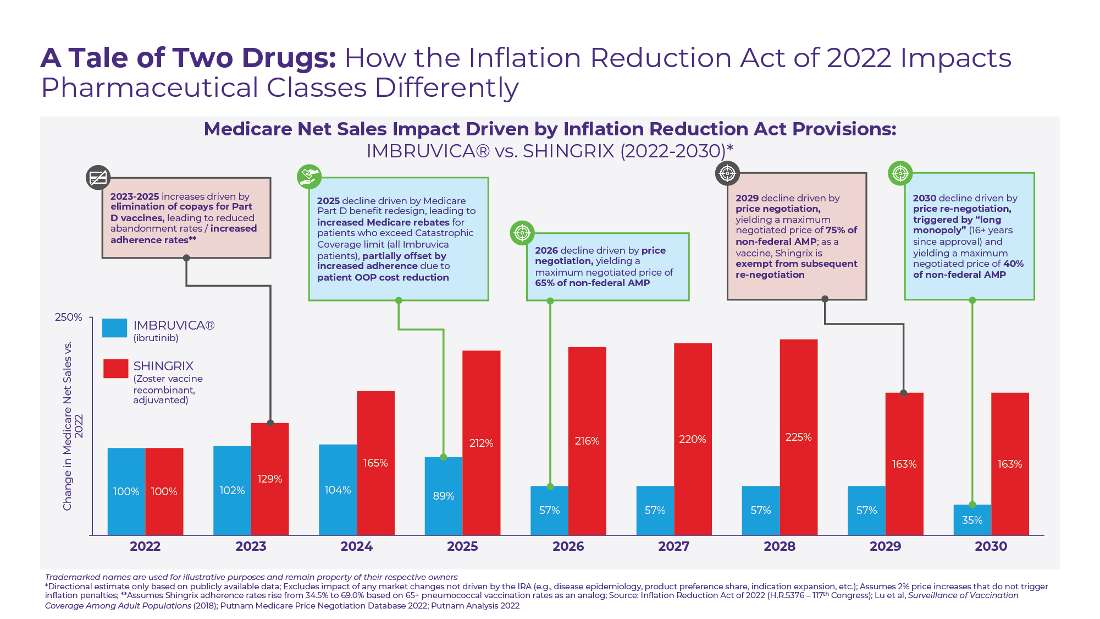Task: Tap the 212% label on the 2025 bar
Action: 481,443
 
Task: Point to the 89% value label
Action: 443,496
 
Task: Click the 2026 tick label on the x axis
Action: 568,546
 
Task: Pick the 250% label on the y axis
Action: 68,317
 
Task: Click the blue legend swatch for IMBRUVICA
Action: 114,328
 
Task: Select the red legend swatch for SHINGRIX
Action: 115,369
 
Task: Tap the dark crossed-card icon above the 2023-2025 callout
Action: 98,178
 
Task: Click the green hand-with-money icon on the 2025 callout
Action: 309,177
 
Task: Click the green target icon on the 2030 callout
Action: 900,173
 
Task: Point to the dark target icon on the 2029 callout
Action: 727,173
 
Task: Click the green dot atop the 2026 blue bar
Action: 550,486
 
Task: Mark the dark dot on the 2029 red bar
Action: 903,393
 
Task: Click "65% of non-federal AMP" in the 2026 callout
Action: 592,283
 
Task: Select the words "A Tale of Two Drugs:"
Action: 188,58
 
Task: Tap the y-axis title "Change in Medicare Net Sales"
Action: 67,426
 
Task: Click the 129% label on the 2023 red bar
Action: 269,479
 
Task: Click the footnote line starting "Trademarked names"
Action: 251,577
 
